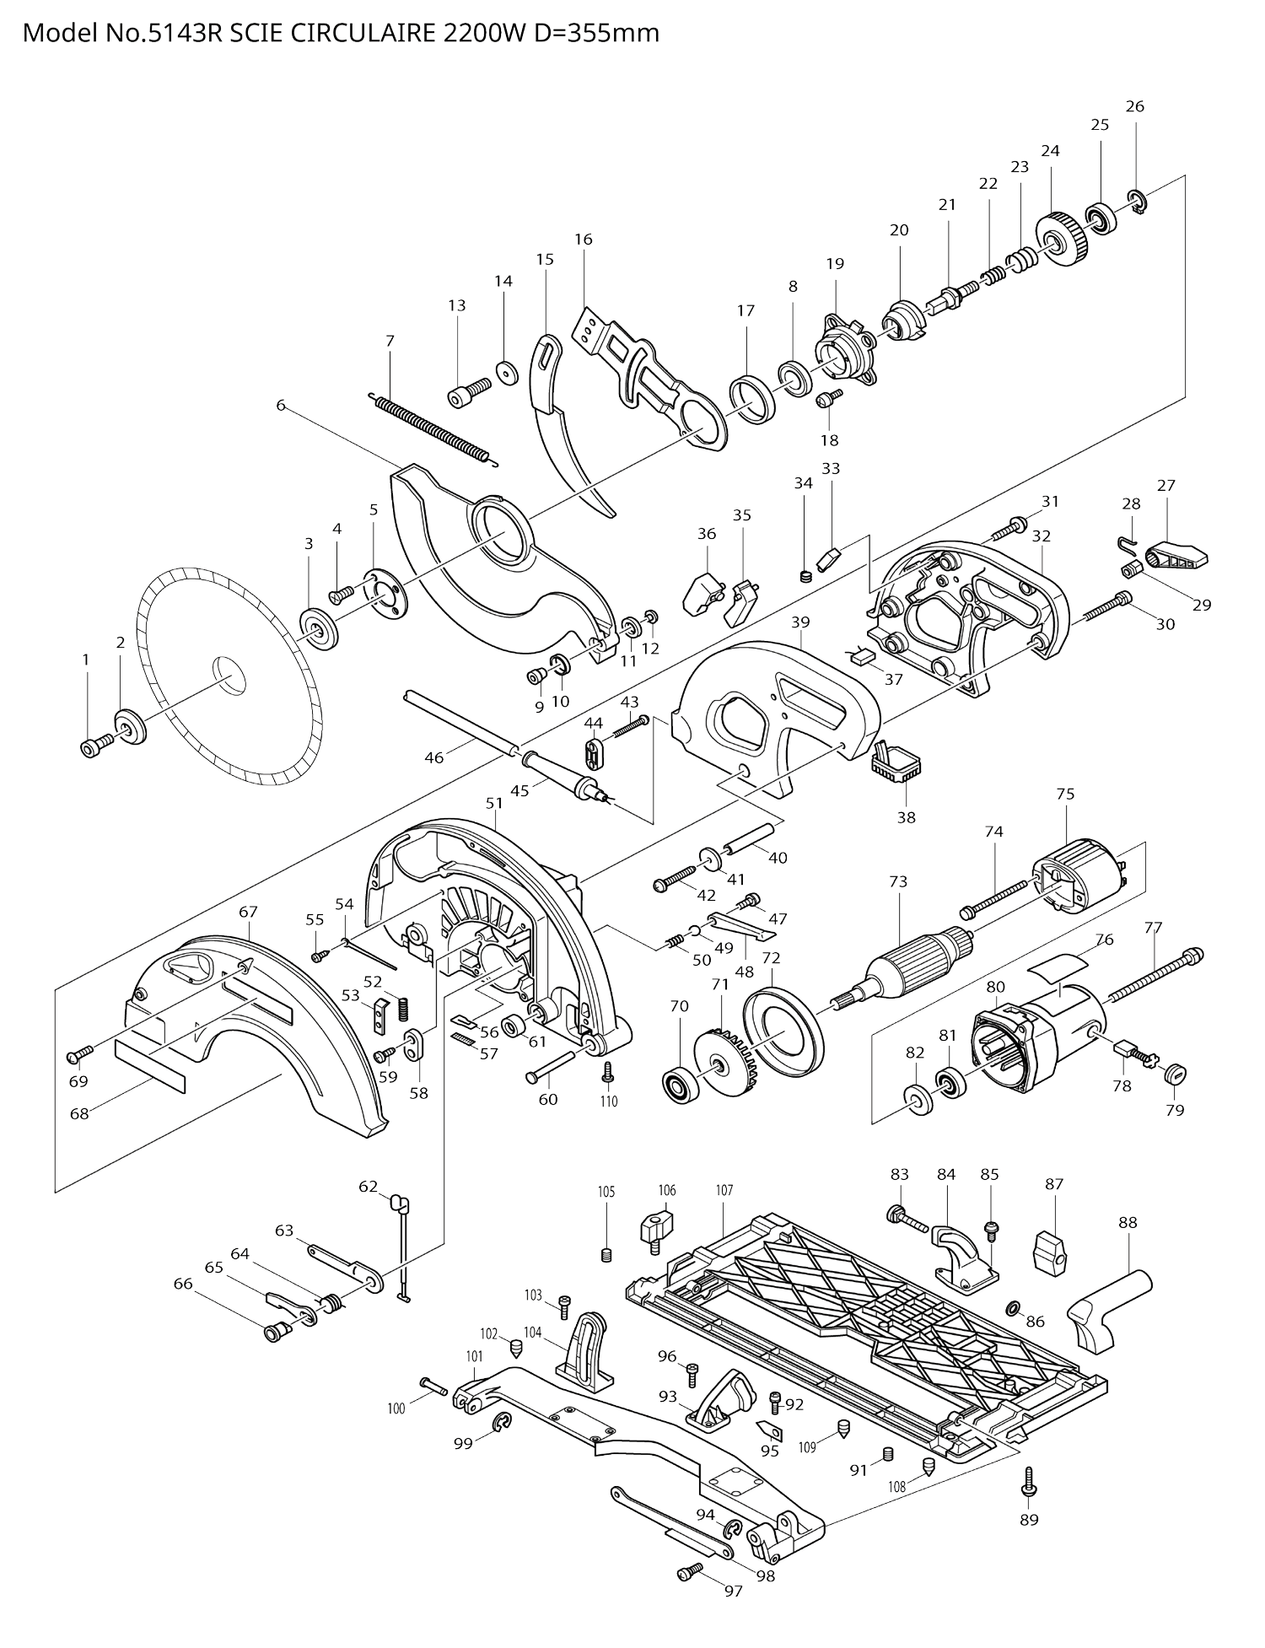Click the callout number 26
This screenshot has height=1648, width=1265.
pyautogui.click(x=1134, y=106)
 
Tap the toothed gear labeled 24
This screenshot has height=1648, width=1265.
pyautogui.click(x=1062, y=240)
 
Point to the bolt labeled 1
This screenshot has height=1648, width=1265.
pyautogui.click(x=95, y=746)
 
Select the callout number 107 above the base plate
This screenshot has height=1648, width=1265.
pyautogui.click(x=724, y=1190)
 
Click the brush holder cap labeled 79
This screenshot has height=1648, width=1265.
pyautogui.click(x=1173, y=1074)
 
